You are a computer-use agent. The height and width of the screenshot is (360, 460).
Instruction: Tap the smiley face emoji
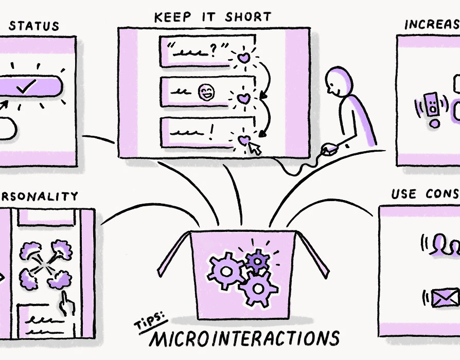click(x=207, y=93)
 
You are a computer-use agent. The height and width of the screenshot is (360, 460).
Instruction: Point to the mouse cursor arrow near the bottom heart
click(x=255, y=149)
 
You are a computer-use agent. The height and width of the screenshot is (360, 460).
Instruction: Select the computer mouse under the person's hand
click(x=329, y=150)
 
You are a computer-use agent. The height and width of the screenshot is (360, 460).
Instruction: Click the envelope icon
click(x=445, y=298)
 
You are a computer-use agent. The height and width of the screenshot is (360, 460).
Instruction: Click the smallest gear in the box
click(x=256, y=260)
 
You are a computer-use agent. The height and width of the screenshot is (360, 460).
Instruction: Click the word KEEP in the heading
click(x=172, y=17)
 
